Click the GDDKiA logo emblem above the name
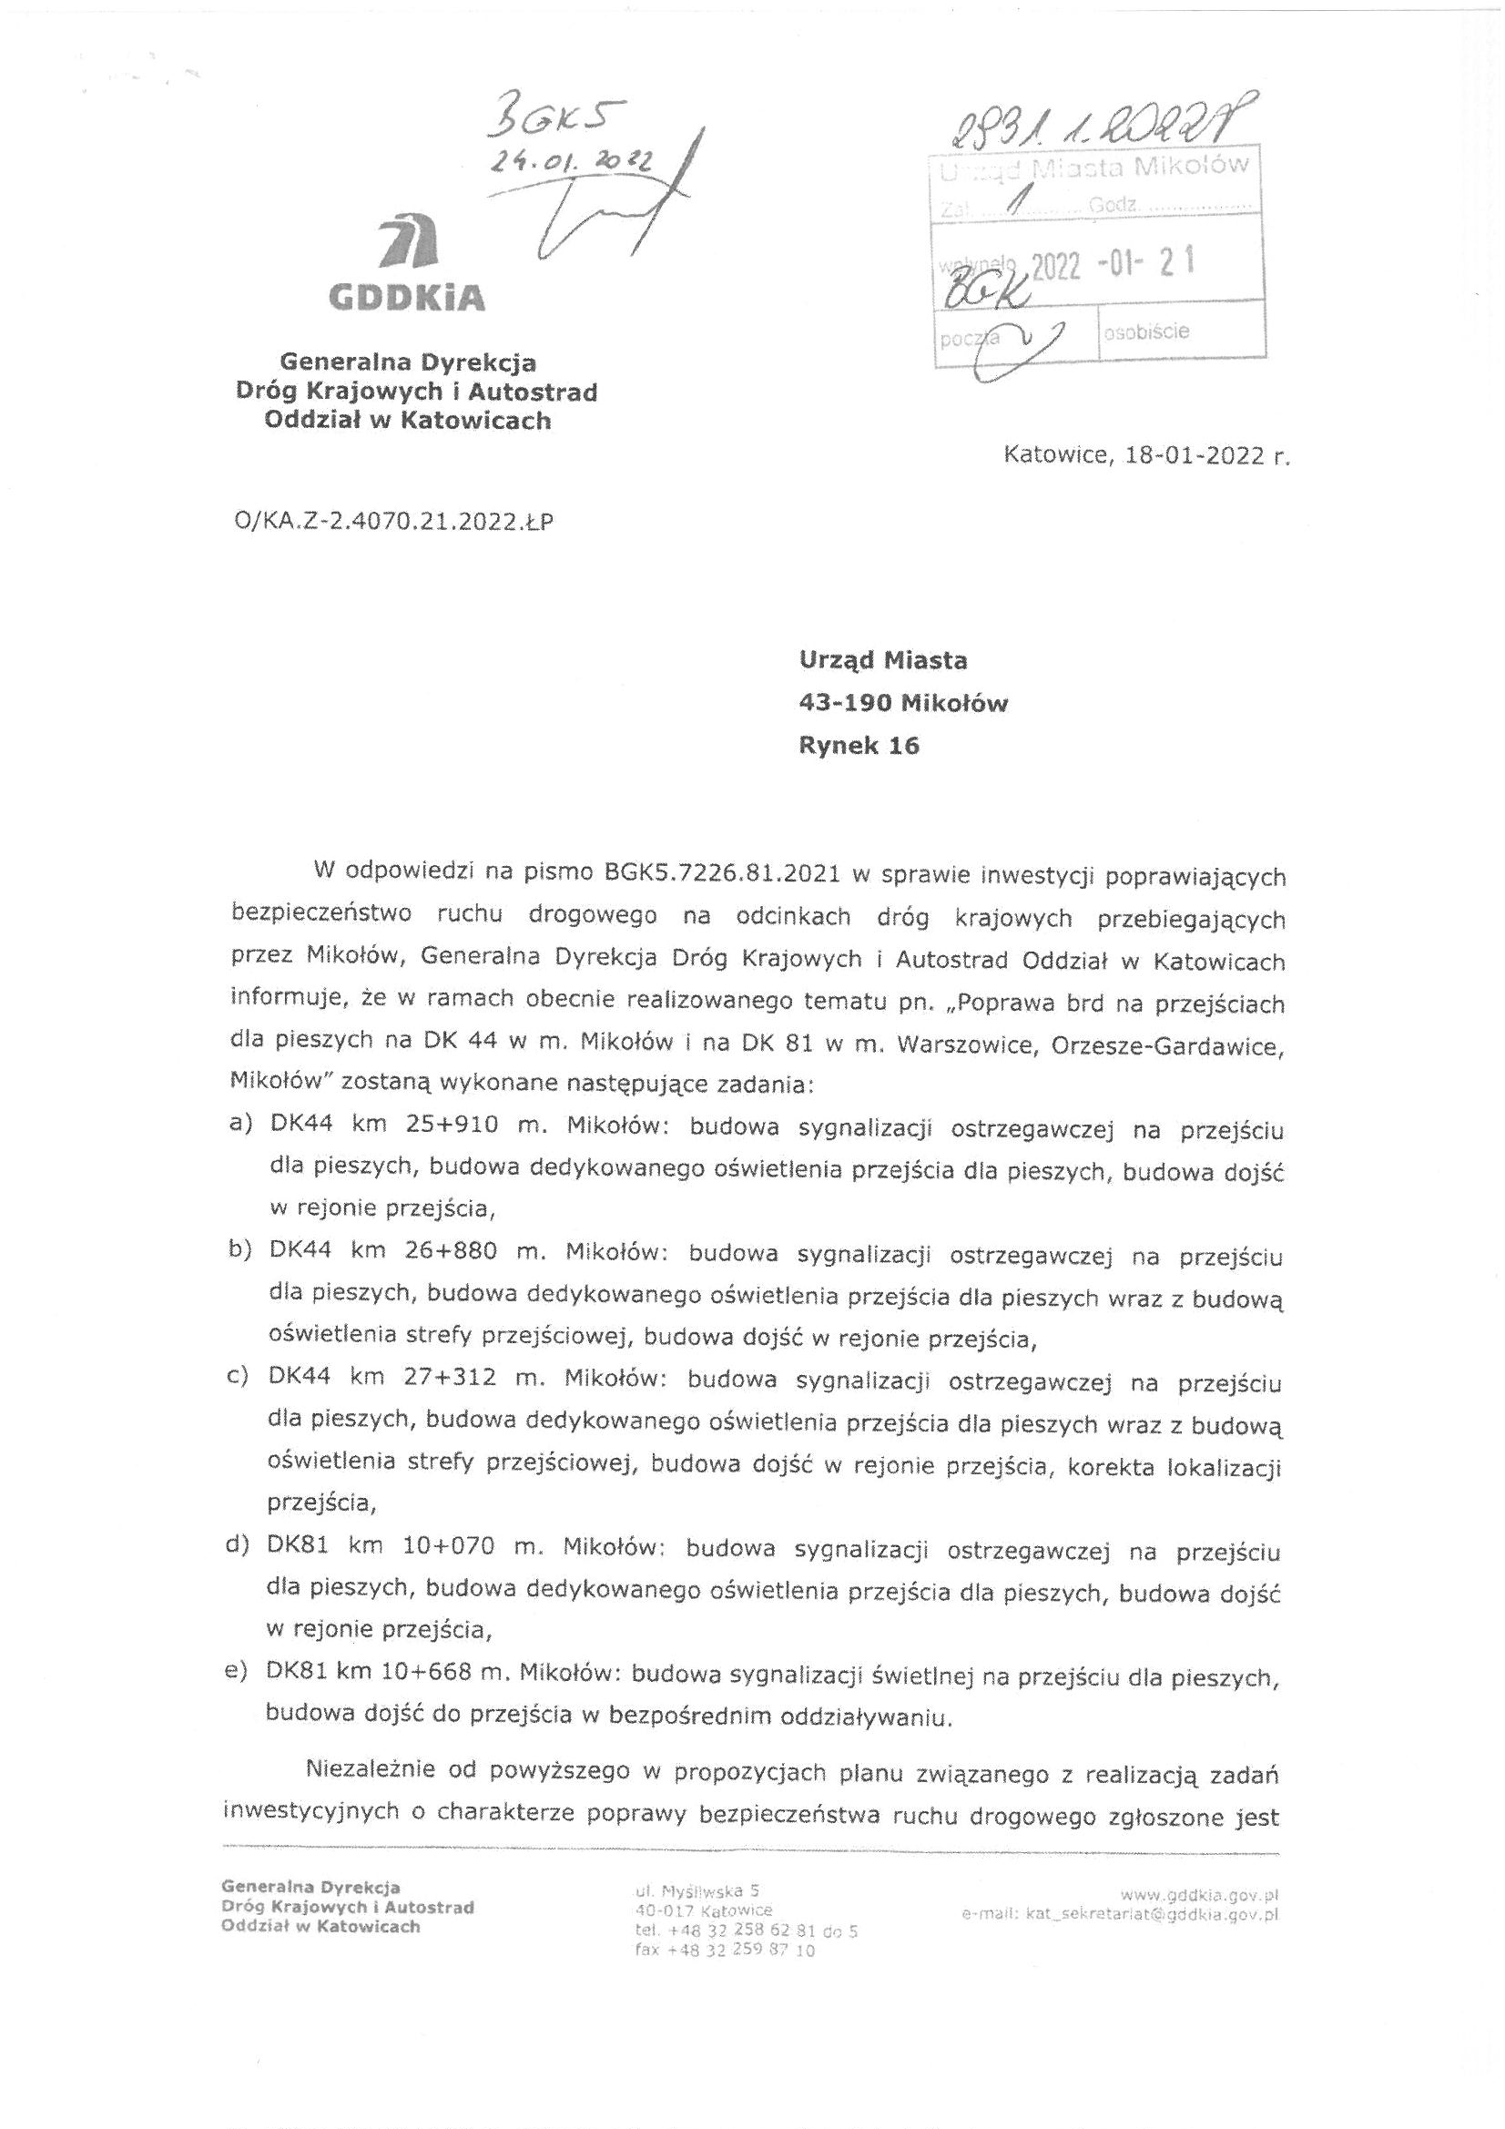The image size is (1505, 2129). tap(410, 242)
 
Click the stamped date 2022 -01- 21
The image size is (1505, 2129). tap(1112, 264)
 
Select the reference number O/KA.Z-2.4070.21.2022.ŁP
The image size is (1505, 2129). tap(395, 522)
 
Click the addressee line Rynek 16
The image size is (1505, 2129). tap(859, 746)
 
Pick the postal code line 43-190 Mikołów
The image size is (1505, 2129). tap(903, 703)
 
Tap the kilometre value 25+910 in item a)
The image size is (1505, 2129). tap(452, 1126)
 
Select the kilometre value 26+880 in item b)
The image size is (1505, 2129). tap(452, 1251)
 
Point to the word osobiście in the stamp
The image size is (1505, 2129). tap(1146, 331)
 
